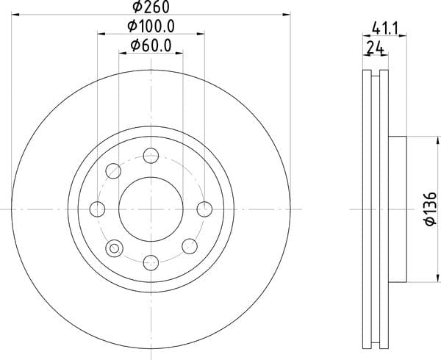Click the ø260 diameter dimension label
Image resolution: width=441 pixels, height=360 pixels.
[x=151, y=7]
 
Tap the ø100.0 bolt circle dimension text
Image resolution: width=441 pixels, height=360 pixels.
[x=151, y=26]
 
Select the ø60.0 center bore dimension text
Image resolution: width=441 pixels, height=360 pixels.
[x=151, y=46]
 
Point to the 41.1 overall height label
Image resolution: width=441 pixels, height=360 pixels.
[x=384, y=29]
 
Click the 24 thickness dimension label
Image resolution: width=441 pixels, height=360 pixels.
[x=376, y=48]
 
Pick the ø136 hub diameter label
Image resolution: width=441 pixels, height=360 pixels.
[x=431, y=209]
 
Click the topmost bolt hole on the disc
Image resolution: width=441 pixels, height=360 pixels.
[x=151, y=156]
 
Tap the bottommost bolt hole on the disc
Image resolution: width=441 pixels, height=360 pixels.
[x=151, y=263]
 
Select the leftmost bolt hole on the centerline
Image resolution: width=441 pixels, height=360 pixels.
[x=97, y=209]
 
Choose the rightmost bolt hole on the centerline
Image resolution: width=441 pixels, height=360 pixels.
[x=204, y=209]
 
